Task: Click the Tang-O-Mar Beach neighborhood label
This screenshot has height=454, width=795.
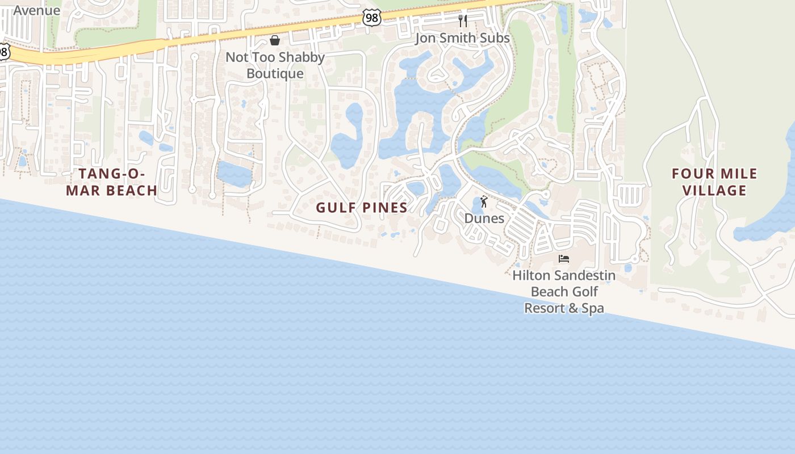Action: (x=111, y=182)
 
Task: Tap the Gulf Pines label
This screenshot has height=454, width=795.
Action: (x=362, y=208)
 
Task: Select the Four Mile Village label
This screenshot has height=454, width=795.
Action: (x=714, y=182)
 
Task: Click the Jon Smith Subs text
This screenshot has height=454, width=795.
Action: (x=462, y=38)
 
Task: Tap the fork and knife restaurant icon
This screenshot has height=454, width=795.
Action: (x=463, y=21)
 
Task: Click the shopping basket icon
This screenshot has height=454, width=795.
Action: (x=275, y=40)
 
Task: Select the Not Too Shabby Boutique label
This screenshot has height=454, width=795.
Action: (x=275, y=65)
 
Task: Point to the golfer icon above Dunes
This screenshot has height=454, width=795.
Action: (x=484, y=202)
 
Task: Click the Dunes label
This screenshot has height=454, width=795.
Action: (x=484, y=218)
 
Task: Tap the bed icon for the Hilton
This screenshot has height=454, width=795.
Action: (x=564, y=259)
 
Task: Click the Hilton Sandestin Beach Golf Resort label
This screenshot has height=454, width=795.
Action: (x=564, y=292)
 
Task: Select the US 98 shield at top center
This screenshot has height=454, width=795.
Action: (x=371, y=19)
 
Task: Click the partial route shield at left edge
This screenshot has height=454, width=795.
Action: (x=3, y=52)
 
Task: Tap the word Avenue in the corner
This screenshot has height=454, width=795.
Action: (x=36, y=10)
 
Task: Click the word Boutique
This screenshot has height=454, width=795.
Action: (x=275, y=74)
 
